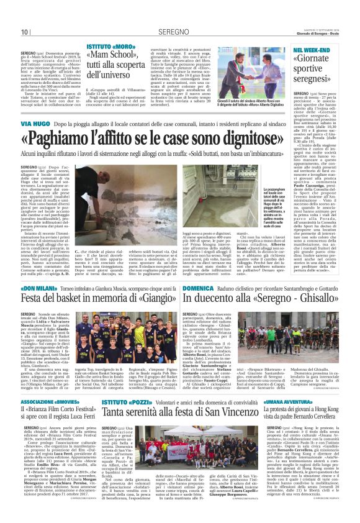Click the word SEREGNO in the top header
point(179,32)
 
